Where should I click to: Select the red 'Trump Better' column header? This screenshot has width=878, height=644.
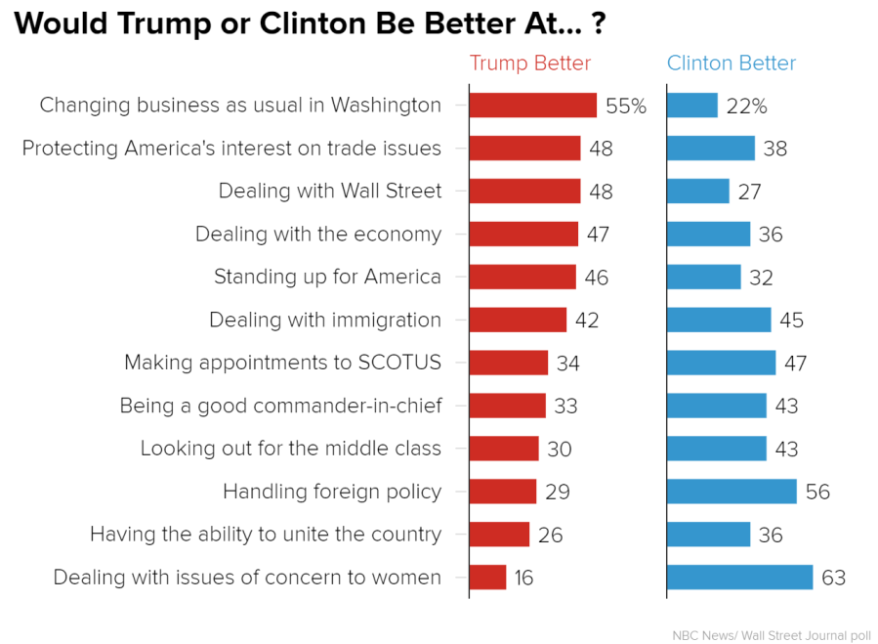tap(530, 64)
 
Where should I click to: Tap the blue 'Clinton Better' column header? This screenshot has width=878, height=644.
tap(732, 64)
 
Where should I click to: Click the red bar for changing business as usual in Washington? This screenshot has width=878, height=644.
tap(533, 106)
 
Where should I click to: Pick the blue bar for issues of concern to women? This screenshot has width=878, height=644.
tap(739, 578)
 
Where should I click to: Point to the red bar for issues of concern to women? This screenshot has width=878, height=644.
tap(488, 578)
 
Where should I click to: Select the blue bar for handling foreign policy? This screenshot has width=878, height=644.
tap(732, 492)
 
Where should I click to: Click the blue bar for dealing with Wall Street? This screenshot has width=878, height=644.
tap(698, 192)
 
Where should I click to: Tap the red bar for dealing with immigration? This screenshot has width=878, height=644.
tap(518, 321)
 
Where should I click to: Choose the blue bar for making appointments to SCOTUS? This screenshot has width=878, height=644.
tap(722, 364)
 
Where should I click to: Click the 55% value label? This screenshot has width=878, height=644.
tap(626, 107)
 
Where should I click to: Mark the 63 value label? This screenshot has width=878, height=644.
tap(833, 578)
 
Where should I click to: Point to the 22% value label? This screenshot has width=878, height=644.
tap(746, 107)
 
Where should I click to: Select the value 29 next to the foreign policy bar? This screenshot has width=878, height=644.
tap(558, 493)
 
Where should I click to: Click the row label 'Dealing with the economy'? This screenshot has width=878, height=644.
tap(318, 235)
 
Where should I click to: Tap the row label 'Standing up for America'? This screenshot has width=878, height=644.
tap(328, 278)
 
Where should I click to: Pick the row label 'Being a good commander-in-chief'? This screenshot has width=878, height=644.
tap(280, 406)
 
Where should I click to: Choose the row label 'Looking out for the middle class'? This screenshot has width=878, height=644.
tap(291, 449)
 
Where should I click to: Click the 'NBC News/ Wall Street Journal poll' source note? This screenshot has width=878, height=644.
tap(772, 635)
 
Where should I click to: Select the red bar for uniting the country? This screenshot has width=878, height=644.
tap(499, 535)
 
